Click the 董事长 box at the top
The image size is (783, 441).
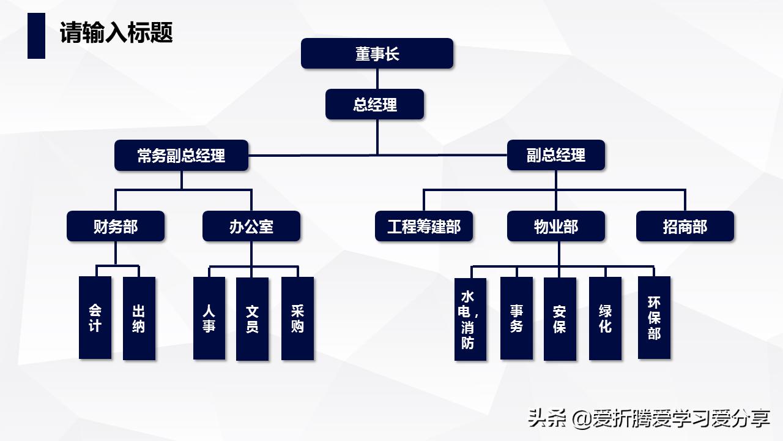coord(377,53)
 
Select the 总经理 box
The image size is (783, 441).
coord(375,104)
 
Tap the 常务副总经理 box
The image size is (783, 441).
coord(181,155)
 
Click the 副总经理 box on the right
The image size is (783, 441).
coord(555,155)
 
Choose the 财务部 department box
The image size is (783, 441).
coord(116,226)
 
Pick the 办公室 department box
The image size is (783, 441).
coord(251,226)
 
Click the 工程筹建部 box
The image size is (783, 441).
coord(424,226)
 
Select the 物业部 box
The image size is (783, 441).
coord(555,226)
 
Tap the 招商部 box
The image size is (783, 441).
coord(685,226)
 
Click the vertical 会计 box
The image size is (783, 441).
coord(95,317)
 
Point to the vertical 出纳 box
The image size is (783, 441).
coord(139,318)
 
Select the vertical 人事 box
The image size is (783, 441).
coord(209,318)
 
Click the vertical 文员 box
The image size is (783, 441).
coord(252,318)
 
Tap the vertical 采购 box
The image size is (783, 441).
coord(297,318)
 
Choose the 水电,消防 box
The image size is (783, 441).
coord(470,319)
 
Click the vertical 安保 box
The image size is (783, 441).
coord(560,318)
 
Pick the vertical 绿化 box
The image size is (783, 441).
coord(605,318)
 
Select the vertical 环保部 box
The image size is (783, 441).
coord(654,317)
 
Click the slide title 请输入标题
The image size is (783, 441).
coord(116,32)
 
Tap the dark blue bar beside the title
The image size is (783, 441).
coord(36,36)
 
